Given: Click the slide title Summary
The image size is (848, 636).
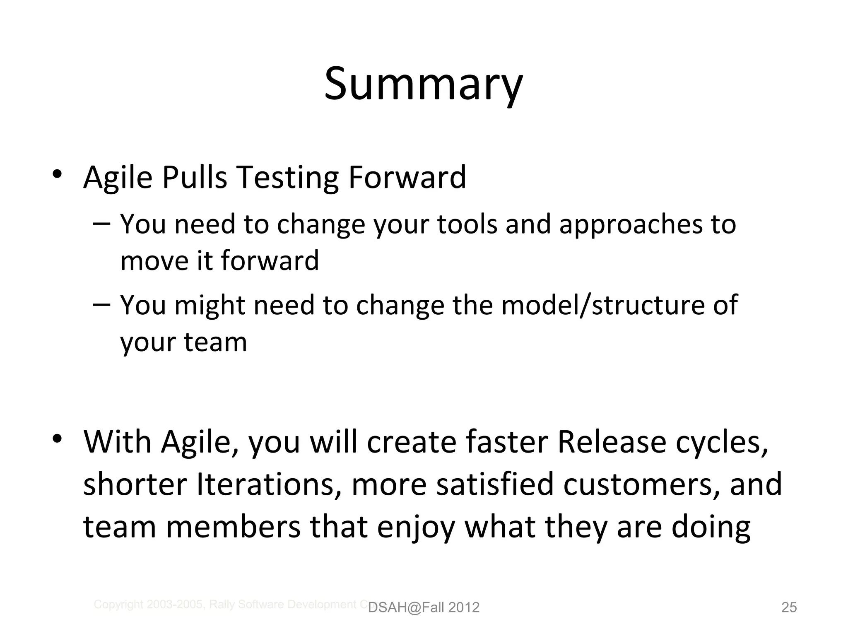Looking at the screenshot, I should [423, 85].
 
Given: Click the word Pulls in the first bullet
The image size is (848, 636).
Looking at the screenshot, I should [194, 177].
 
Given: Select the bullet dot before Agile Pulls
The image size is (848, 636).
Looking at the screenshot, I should [58, 174].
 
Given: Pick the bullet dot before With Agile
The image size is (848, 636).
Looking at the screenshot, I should [58, 438].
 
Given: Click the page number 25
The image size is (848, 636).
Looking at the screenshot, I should [789, 607].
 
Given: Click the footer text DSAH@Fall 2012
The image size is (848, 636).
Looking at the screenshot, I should [424, 607].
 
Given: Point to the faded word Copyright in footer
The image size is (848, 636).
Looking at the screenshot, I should [119, 605].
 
